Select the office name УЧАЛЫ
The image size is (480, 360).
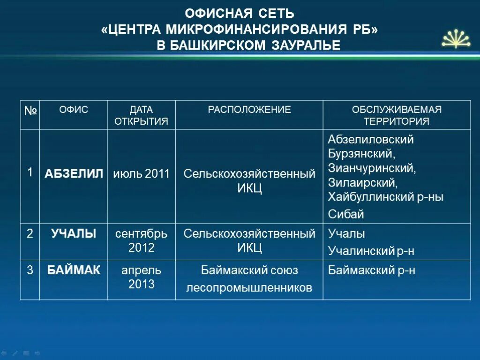74,233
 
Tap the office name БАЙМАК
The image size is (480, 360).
74,270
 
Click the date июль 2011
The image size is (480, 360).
141,174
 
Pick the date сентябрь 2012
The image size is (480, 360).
141,240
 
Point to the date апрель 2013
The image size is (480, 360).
141,277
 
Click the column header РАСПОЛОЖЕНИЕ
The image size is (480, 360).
249,110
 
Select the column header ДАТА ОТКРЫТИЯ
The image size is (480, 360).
141,115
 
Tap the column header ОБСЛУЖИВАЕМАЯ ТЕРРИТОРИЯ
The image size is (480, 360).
397,115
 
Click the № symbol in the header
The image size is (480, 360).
30,111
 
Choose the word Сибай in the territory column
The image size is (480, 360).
346,215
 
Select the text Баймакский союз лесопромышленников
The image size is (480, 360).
249,279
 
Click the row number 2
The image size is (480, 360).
30,233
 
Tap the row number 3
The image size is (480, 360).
30,270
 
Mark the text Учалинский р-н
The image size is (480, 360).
371,251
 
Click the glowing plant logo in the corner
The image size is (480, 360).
456,39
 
